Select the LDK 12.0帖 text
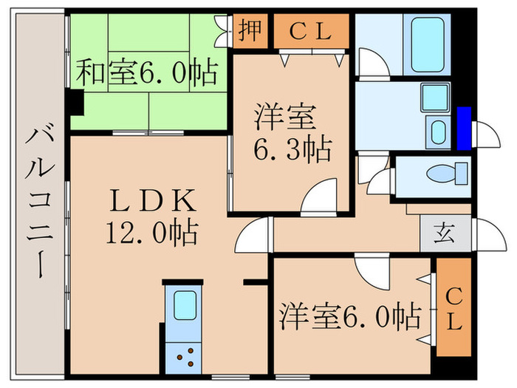pos(151,216)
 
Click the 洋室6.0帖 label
pos(350,316)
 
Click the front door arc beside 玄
pos(485,233)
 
